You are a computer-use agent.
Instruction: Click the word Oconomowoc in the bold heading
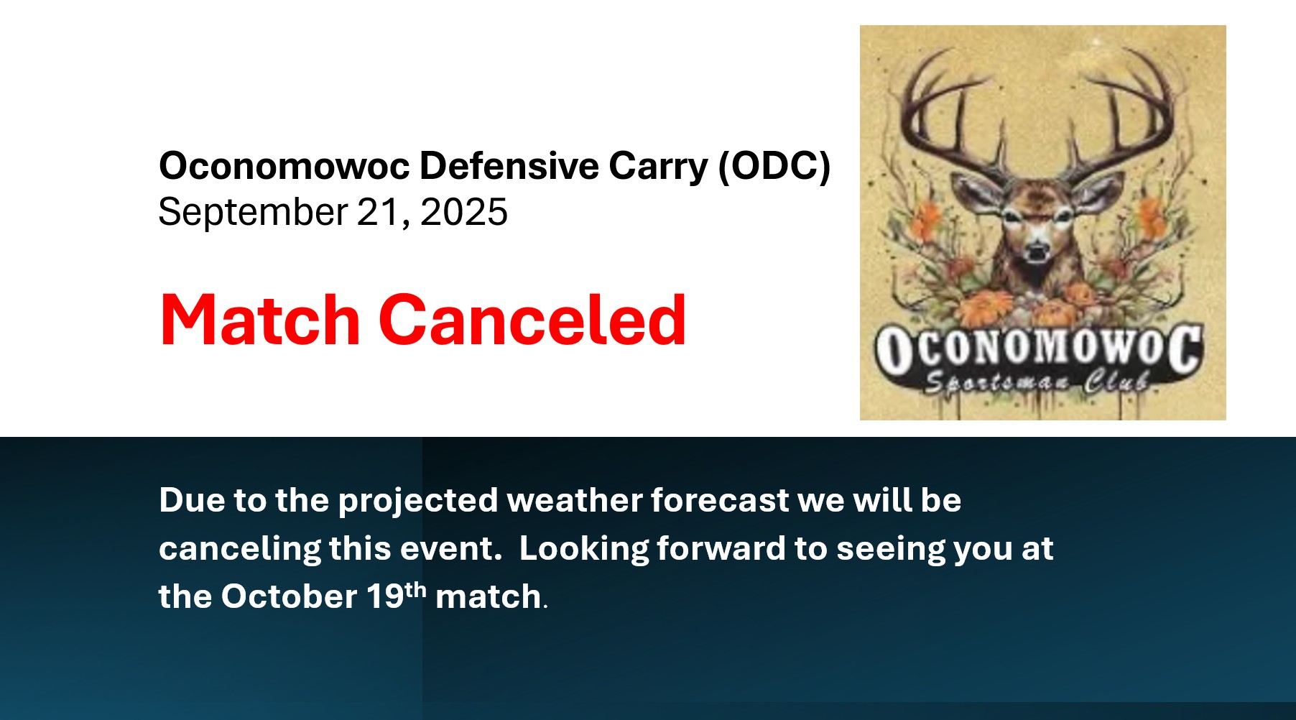(x=284, y=166)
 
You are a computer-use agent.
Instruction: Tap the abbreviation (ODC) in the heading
(x=774, y=167)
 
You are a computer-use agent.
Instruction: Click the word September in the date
(x=253, y=213)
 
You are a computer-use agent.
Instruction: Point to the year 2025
(x=464, y=212)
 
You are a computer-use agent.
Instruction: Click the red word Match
(x=259, y=320)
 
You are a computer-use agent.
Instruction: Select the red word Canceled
(x=532, y=320)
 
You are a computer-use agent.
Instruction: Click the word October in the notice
(x=289, y=596)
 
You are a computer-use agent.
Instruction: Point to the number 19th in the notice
(x=397, y=596)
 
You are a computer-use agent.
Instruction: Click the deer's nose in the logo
(x=1036, y=251)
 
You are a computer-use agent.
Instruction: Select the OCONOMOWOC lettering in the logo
(x=1038, y=350)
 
